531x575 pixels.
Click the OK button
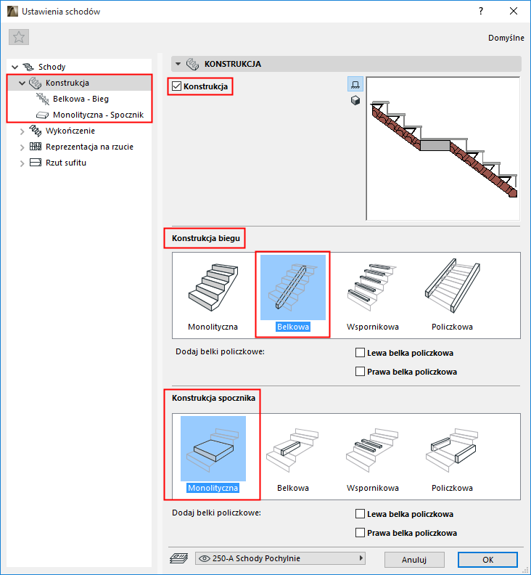pos(487,560)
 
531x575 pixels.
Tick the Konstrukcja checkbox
pos(176,86)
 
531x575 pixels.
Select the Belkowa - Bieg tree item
pos(81,99)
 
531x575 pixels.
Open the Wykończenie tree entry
pos(70,131)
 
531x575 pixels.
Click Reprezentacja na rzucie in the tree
pos(89,147)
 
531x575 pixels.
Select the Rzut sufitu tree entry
pos(66,163)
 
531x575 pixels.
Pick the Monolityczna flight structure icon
pos(213,287)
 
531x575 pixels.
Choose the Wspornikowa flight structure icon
pos(373,287)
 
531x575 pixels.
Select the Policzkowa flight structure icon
pos(452,287)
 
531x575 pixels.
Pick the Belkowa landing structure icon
pos(293,449)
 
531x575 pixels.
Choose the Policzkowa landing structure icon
pos(452,449)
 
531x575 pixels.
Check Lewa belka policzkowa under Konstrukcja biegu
pos(360,353)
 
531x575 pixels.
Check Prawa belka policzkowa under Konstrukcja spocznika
pos(360,532)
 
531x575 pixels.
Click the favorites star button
pos(19,37)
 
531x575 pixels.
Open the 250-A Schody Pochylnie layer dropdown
pos(280,558)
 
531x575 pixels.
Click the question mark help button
pos(481,12)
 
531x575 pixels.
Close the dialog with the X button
pos(514,12)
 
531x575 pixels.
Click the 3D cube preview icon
pos(355,100)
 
